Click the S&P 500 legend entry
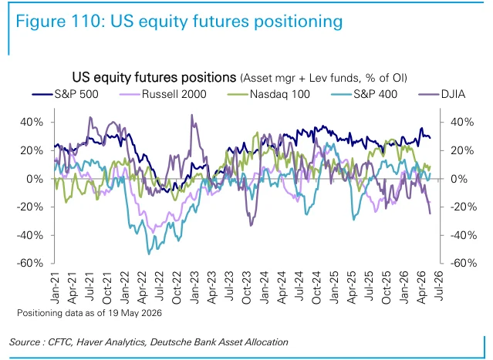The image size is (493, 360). pyautogui.click(x=66, y=94)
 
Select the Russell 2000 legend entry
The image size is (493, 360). pyautogui.click(x=163, y=94)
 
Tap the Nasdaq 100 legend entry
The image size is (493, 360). pyautogui.click(x=268, y=94)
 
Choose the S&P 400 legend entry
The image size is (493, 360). pyautogui.click(x=364, y=94)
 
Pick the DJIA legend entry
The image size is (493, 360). pyautogui.click(x=442, y=94)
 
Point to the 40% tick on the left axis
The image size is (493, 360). pyautogui.click(x=32, y=123)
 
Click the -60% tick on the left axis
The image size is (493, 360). pyautogui.click(x=29, y=263)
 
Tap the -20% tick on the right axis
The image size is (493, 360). pyautogui.click(x=464, y=207)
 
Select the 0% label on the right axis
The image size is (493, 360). pyautogui.click(x=459, y=179)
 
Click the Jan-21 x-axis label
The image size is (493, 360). pyautogui.click(x=56, y=288)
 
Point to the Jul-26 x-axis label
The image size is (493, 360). pyautogui.click(x=440, y=286)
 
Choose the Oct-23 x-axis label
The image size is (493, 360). pyautogui.click(x=247, y=288)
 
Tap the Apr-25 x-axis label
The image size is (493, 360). pyautogui.click(x=352, y=288)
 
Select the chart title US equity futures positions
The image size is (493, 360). pyautogui.click(x=154, y=77)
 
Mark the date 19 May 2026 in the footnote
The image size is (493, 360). pyautogui.click(x=135, y=313)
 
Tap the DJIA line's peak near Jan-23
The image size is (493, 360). pyautogui.click(x=192, y=115)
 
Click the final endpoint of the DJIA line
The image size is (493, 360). pyautogui.click(x=430, y=214)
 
